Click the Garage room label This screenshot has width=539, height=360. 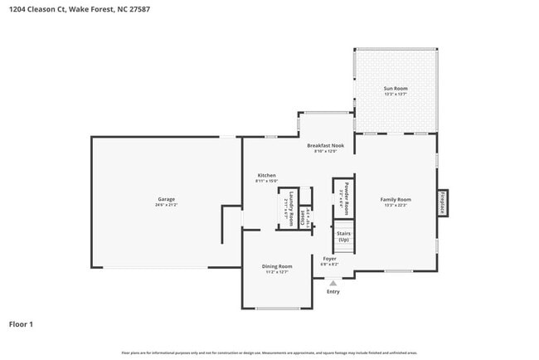pos(166,199)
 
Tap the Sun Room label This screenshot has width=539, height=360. pos(395,88)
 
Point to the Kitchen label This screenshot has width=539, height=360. pos(266,175)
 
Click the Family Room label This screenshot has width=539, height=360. pos(396,199)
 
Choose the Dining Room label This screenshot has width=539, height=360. pos(279,265)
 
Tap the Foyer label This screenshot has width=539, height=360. pos(329,258)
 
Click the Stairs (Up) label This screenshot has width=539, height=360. pos(343,236)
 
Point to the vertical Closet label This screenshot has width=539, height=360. pos(303,217)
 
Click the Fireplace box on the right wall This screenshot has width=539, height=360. pos(443,203)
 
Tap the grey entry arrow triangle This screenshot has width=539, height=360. pos(333,283)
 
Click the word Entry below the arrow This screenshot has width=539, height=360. pos(333,292)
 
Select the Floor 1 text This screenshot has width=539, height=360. pos(21,324)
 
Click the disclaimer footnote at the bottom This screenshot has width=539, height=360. pos(269,353)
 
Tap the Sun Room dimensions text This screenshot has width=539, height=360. pos(395,94)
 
